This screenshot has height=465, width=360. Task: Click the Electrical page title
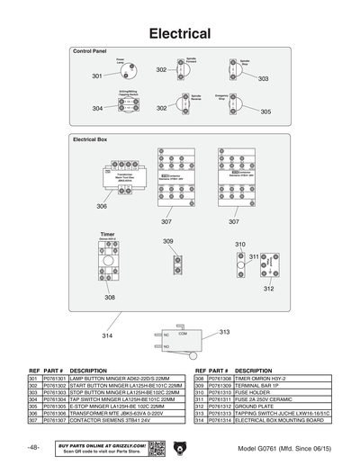(x=180, y=34)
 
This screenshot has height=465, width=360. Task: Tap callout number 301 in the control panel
(x=97, y=76)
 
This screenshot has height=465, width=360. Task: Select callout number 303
(x=263, y=79)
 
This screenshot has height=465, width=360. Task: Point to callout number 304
(x=97, y=108)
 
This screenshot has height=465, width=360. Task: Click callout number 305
(x=265, y=112)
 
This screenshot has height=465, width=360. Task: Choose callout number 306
(x=102, y=206)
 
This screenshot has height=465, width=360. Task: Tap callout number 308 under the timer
(x=109, y=297)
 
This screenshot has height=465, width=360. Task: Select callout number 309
(x=168, y=241)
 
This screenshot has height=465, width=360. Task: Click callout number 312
(x=268, y=289)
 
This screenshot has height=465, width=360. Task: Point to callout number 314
(x=107, y=335)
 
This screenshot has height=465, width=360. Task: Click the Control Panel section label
(x=90, y=52)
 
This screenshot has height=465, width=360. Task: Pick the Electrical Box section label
(x=90, y=140)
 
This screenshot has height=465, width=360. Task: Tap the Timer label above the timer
(x=107, y=232)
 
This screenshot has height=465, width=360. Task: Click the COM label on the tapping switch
(x=183, y=334)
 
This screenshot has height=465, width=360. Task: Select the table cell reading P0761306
(x=55, y=412)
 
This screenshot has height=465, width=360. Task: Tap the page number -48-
(x=32, y=447)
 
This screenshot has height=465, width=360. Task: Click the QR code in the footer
(x=155, y=447)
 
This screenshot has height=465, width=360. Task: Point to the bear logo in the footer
(x=182, y=447)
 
